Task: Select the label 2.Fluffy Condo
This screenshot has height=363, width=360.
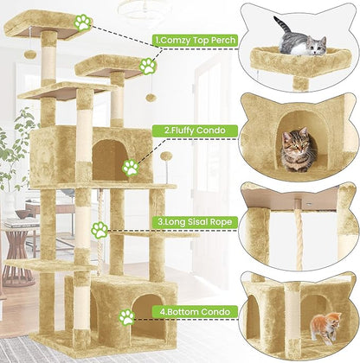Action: [185, 131]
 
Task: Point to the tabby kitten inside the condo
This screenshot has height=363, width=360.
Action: [297, 148]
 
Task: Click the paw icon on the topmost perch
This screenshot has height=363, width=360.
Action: [83, 22]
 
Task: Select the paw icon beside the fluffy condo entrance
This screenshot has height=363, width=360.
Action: [131, 167]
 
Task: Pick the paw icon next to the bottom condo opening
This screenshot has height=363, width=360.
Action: [127, 316]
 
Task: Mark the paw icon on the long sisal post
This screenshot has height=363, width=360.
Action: [100, 230]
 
